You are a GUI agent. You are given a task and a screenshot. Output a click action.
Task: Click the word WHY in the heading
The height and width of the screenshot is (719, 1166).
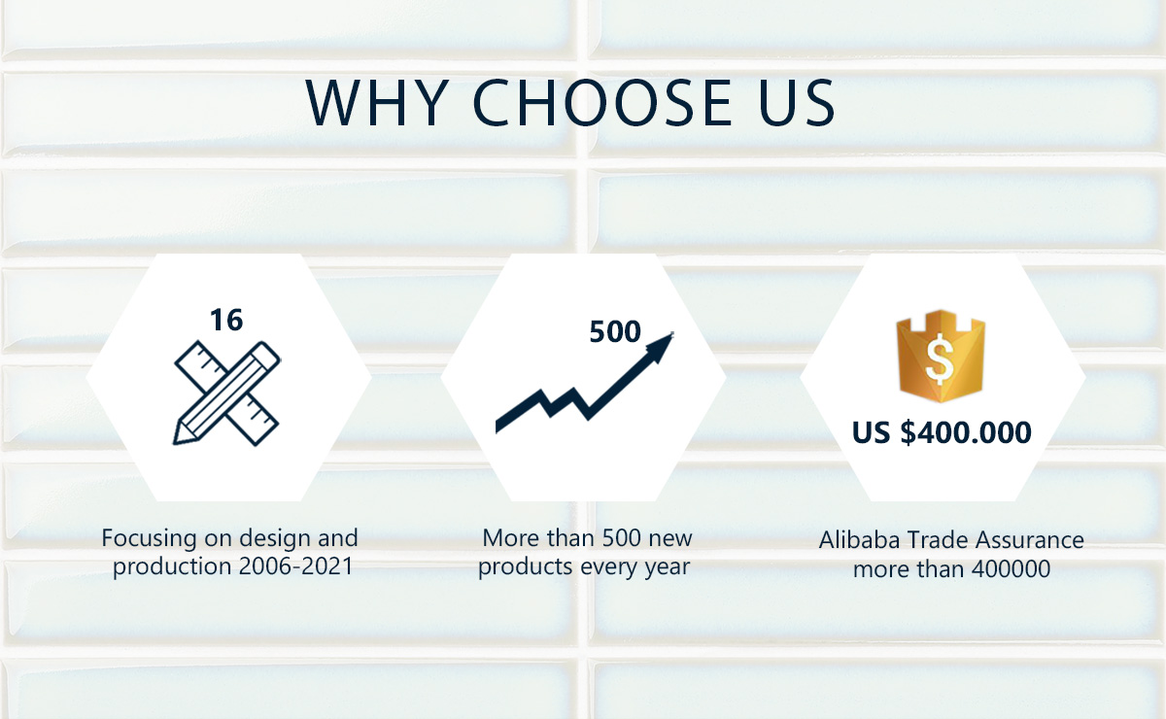pyautogui.click(x=377, y=103)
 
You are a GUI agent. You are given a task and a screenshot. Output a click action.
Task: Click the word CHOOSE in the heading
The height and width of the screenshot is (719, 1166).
pyautogui.click(x=602, y=103)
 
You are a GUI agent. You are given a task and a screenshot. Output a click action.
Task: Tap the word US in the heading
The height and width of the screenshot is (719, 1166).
pyautogui.click(x=797, y=103)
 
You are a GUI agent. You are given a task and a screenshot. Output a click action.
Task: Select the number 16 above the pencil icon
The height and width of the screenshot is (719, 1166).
pyautogui.click(x=226, y=320)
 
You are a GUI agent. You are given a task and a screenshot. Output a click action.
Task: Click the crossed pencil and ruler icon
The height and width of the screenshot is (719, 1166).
pyautogui.click(x=227, y=394)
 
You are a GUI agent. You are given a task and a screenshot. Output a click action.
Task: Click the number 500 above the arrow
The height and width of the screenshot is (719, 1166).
pyautogui.click(x=615, y=331)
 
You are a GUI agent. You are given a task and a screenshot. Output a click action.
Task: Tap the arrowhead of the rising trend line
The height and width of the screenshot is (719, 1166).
pyautogui.click(x=660, y=347)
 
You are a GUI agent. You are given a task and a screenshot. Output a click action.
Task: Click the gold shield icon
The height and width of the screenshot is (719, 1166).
pyautogui.click(x=941, y=356)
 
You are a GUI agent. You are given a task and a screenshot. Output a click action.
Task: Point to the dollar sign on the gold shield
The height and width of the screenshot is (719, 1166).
pyautogui.click(x=941, y=359)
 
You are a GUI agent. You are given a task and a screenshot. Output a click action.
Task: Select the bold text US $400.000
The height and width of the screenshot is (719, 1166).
pyautogui.click(x=942, y=432)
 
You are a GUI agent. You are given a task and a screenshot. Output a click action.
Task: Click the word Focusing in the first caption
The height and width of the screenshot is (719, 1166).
pyautogui.click(x=150, y=539)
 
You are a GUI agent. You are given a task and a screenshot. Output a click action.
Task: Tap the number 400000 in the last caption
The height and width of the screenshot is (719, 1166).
pyautogui.click(x=1011, y=569)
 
